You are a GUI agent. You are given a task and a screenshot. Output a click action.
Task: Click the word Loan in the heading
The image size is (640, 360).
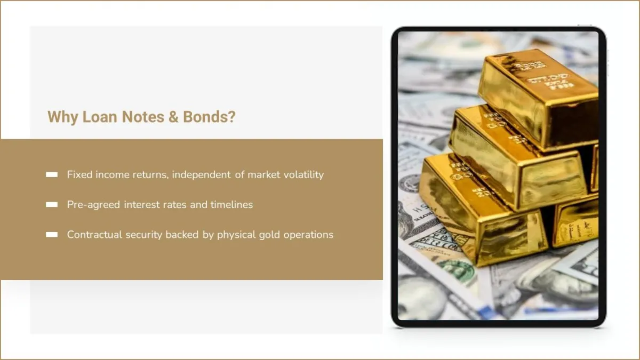coord(100,117)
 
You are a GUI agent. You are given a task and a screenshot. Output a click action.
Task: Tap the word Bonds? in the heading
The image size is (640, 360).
coord(209,117)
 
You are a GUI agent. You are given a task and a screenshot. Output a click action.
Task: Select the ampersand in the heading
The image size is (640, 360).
coord(173,117)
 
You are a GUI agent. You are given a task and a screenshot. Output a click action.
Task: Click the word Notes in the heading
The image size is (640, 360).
coord(143,117)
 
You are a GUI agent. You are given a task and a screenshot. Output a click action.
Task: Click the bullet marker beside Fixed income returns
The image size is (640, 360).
coord(52,174)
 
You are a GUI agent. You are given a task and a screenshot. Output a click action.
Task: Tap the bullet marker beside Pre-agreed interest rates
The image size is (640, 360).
coord(52,205)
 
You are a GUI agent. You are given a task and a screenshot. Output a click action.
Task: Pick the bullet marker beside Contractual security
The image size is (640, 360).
coord(52,235)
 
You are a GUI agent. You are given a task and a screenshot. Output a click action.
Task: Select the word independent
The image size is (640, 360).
coord(201,174)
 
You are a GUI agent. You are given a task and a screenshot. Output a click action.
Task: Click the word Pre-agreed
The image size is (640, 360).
coord(93,205)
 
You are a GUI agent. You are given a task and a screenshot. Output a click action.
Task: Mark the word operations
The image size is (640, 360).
coord(308,235)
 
